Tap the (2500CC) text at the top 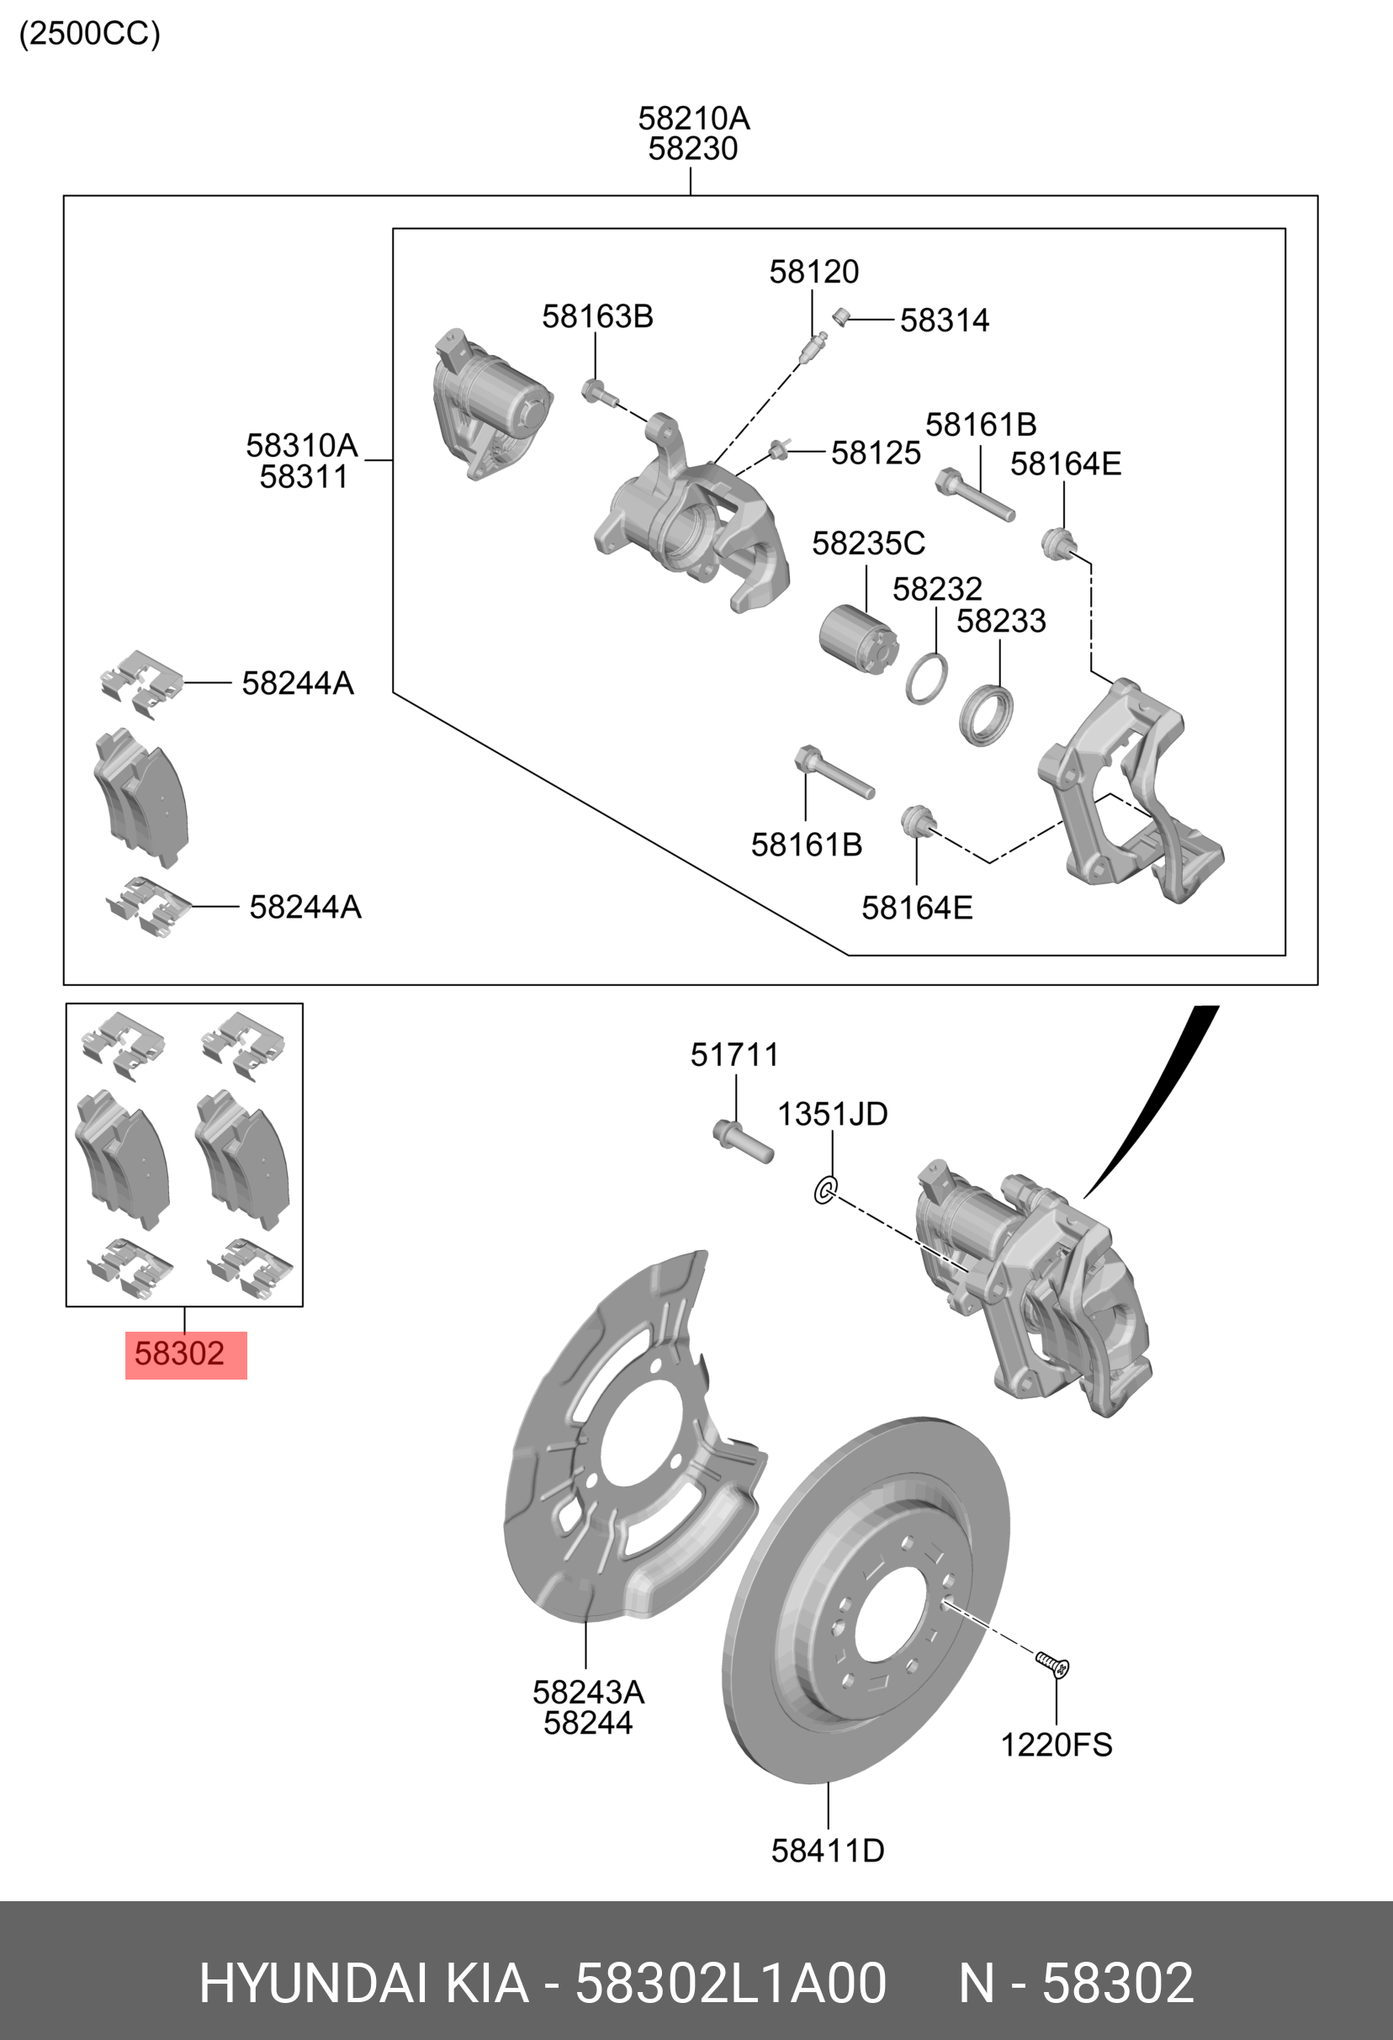point(89,34)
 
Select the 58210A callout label point(693,118)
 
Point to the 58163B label point(597,316)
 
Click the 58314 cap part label point(945,321)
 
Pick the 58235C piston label point(868,543)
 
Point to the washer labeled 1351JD point(825,1190)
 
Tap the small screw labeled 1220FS point(1052,1663)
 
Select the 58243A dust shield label point(588,1692)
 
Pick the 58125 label point(875,453)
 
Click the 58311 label point(304,477)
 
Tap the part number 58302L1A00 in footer point(730,1983)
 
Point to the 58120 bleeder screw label point(813,272)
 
